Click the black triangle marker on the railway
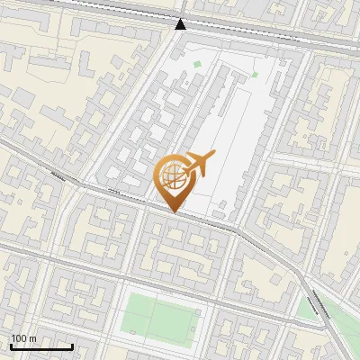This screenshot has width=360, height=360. [x=181, y=23]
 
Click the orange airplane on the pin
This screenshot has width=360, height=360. [x=200, y=163]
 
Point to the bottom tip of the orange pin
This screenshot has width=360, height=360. [x=175, y=211]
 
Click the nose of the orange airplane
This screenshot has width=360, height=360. [x=213, y=155]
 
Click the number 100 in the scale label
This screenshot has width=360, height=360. [x=19, y=339]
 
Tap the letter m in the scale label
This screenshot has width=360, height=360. [x=33, y=339]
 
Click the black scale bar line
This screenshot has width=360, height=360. [x=41, y=347]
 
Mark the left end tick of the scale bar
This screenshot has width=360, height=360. [x=11, y=346]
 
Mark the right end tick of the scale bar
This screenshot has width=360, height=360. [x=72, y=346]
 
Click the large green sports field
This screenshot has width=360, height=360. [x=158, y=319]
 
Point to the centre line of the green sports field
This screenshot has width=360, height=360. [x=154, y=319]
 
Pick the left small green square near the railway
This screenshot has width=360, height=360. [x=197, y=64]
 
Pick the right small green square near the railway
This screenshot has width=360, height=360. [x=255, y=74]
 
